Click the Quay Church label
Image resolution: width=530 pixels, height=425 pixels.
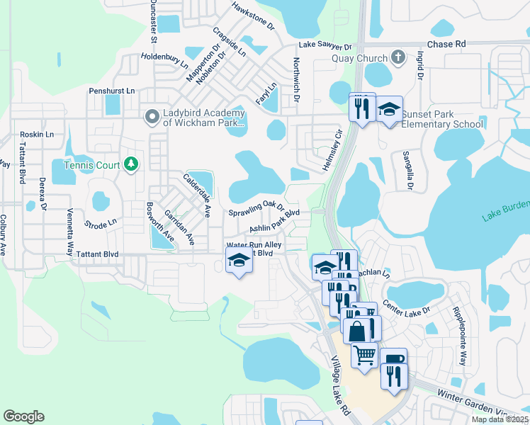360,59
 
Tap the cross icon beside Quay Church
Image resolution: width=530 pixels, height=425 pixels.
398,58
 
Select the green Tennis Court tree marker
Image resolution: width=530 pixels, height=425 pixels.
130,164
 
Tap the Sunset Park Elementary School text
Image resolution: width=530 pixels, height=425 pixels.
442,119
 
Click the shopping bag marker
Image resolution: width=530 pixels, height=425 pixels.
356,329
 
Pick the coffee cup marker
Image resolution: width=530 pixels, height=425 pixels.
394,358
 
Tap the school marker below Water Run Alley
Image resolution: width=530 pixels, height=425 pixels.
239,261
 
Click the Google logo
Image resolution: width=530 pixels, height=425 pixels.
23,416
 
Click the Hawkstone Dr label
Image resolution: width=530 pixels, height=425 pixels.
253,15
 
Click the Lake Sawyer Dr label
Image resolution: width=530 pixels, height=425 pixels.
325,44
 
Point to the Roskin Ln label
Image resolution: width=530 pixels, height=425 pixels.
37,134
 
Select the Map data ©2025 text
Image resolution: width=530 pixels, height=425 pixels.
498,419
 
